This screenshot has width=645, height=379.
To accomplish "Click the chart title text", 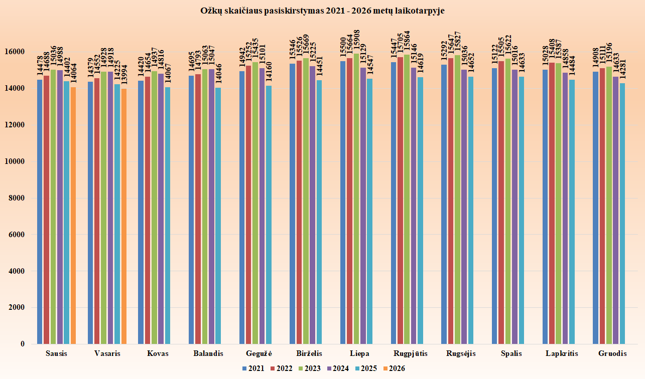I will coord(322,10).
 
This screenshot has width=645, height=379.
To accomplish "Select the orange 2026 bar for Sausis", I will coord(73,216).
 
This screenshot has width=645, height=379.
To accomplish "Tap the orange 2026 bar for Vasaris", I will coord(124,216).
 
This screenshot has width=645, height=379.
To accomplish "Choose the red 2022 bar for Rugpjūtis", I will coord(400,201).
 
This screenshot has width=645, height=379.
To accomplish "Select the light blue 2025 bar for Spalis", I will coord(521,210).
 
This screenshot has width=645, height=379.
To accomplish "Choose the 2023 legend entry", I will coord(308,368).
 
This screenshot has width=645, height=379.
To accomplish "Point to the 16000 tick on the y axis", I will coord(15,52).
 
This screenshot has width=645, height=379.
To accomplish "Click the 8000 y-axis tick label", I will coord(17,198).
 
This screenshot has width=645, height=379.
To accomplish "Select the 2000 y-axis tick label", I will coord(17,308).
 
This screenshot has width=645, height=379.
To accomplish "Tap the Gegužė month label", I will coord(259,353).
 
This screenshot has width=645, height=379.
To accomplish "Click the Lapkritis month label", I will coord(562,353).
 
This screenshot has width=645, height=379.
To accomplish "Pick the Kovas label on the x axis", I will coord(158,353).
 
